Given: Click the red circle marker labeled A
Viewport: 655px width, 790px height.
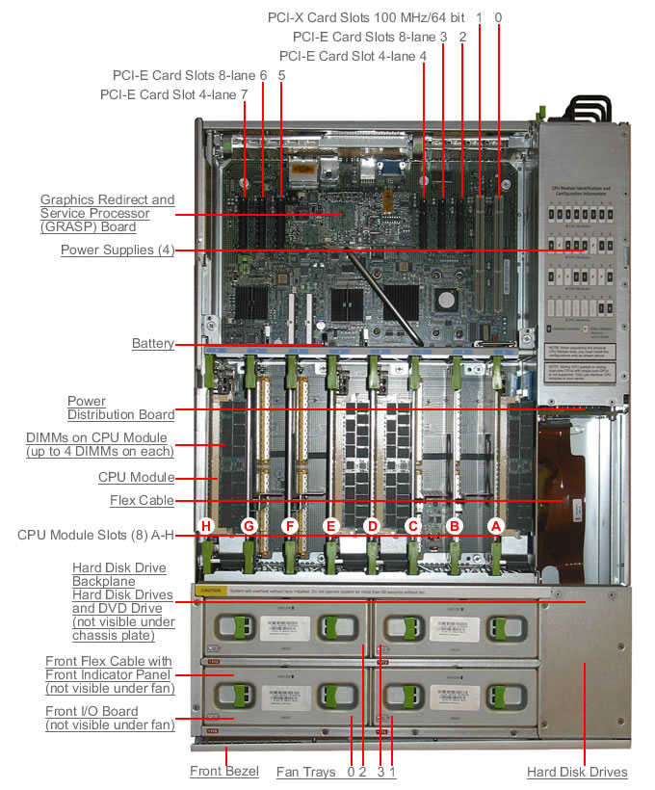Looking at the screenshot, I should (x=497, y=526).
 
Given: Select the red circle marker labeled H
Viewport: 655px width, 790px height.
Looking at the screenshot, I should (x=205, y=526).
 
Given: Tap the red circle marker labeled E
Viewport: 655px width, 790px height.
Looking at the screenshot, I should (x=331, y=526).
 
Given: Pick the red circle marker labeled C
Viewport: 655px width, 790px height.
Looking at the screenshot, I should (x=414, y=526).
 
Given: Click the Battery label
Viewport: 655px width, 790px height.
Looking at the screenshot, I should (x=153, y=344).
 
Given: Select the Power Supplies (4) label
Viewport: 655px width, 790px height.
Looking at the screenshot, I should (x=117, y=250).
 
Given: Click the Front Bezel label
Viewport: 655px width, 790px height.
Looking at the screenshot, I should (x=223, y=772).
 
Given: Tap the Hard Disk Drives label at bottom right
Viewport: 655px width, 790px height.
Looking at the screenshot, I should (x=577, y=772).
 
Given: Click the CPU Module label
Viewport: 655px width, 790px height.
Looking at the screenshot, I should (x=137, y=477).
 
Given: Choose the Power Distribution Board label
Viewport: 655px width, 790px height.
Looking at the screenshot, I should (x=120, y=408).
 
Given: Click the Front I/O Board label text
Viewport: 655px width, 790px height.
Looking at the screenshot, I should (x=109, y=718).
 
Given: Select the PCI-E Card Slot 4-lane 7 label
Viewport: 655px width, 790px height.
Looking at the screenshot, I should (x=173, y=94).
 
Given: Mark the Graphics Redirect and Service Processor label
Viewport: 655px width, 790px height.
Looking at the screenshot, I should (x=107, y=213).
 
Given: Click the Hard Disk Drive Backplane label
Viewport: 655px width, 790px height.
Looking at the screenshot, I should (x=118, y=574).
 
